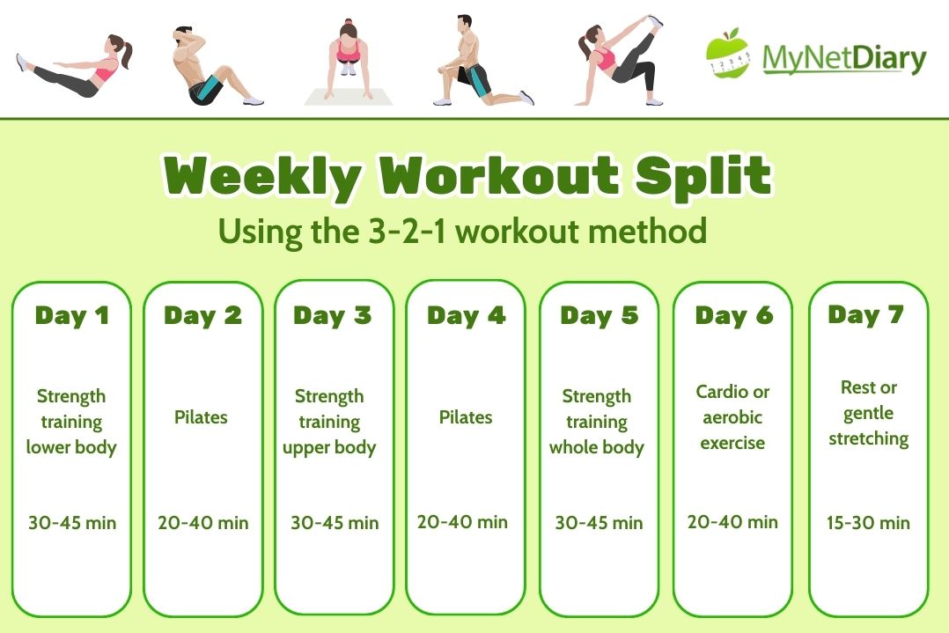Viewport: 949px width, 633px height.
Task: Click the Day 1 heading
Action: coord(72,315)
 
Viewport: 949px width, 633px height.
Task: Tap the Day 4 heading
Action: coord(466,315)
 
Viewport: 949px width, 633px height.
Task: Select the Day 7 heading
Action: coord(866,314)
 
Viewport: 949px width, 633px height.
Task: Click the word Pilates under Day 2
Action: coord(201,417)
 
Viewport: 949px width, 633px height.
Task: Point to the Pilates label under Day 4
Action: coord(466,417)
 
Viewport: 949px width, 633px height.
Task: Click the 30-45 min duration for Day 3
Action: coord(335,522)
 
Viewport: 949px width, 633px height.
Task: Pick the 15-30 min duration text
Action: coord(869,522)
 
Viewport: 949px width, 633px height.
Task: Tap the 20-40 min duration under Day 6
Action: coord(732,522)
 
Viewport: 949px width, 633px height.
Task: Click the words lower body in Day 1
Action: coord(71,447)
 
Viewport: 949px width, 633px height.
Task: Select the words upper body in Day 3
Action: coord(329,448)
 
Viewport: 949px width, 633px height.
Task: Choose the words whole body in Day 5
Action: coord(597,448)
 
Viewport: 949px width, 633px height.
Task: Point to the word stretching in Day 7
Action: coord(869,438)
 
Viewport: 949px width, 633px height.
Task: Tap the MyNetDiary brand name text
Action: coord(844,59)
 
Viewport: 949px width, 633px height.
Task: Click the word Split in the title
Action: coord(703,176)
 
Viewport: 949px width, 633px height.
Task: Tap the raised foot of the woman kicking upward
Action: coord(656,21)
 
